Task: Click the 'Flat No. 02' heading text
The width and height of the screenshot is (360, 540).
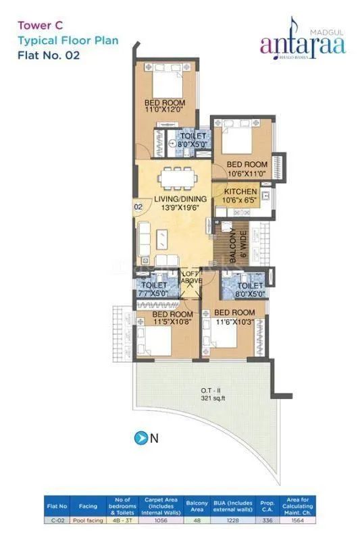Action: pyautogui.click(x=49, y=55)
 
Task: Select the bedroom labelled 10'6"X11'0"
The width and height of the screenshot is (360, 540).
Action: pyautogui.click(x=246, y=169)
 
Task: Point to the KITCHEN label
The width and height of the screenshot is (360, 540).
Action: pyautogui.click(x=240, y=196)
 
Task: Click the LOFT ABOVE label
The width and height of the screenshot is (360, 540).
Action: pyautogui.click(x=190, y=277)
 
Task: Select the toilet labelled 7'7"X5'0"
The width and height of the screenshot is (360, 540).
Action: pyautogui.click(x=155, y=290)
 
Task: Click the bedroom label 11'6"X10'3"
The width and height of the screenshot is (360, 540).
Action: pyautogui.click(x=234, y=317)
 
